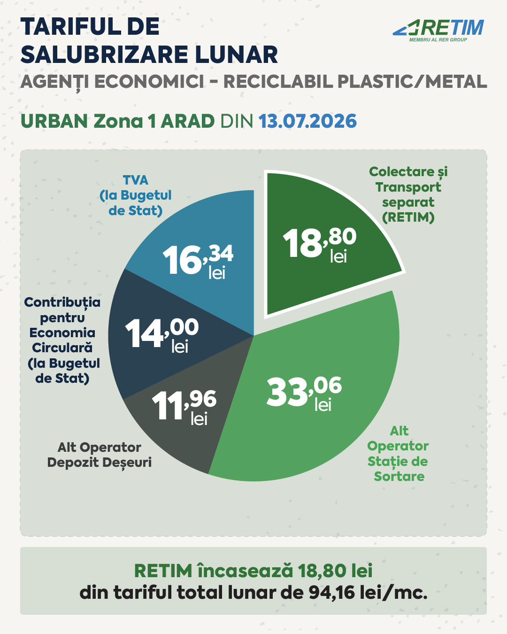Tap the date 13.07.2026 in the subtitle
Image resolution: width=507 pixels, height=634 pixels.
pyautogui.click(x=307, y=121)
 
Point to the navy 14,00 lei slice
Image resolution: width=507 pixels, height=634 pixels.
pyautogui.click(x=165, y=336)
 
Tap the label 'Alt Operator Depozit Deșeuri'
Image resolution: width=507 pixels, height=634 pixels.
pyautogui.click(x=99, y=455)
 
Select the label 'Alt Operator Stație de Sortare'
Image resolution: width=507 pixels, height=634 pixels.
pyautogui.click(x=398, y=454)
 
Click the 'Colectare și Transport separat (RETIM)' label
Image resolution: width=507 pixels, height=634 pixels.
pyautogui.click(x=408, y=195)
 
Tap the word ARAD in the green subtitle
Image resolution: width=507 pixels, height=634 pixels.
pyautogui.click(x=188, y=121)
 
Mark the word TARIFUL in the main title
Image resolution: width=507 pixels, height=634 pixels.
pyautogui.click(x=65, y=26)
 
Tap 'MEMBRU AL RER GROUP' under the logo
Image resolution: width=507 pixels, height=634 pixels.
pyautogui.click(x=438, y=39)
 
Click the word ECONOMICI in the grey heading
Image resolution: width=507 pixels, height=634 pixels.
pyautogui.click(x=149, y=81)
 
